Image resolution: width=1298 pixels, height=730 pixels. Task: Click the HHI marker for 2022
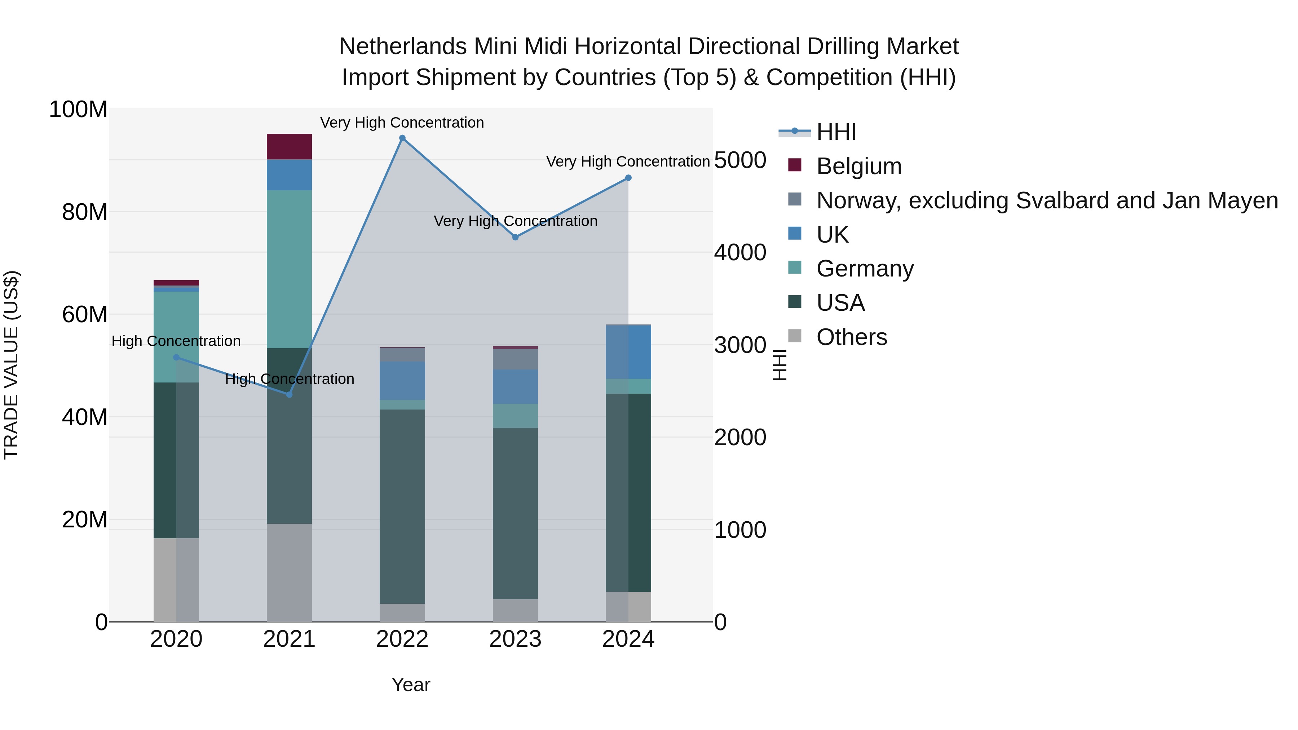pos(402,138)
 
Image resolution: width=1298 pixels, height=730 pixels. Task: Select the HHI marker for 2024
pos(628,178)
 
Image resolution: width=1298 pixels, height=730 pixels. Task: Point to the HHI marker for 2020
pos(176,358)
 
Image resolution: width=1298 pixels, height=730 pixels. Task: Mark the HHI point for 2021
pos(289,394)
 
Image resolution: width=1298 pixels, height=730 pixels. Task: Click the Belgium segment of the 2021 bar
pos(289,147)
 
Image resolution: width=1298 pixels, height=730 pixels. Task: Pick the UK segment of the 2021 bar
pos(289,175)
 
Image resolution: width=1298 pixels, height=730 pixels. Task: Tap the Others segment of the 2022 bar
pos(402,612)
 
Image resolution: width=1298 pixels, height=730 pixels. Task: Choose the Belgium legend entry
pos(858,166)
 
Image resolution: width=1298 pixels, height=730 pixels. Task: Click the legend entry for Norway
pos(1047,200)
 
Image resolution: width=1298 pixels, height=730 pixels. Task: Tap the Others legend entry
pos(852,337)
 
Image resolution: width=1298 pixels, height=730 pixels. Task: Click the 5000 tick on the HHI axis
pos(740,160)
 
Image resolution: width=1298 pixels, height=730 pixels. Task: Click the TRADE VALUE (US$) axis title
pos(11,365)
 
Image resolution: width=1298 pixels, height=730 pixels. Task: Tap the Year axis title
pos(411,685)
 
